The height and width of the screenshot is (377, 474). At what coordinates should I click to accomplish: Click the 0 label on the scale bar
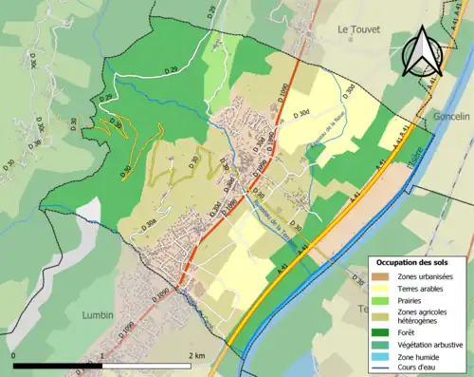click(14, 356)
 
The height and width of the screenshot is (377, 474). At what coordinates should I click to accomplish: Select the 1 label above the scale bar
click(101, 356)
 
